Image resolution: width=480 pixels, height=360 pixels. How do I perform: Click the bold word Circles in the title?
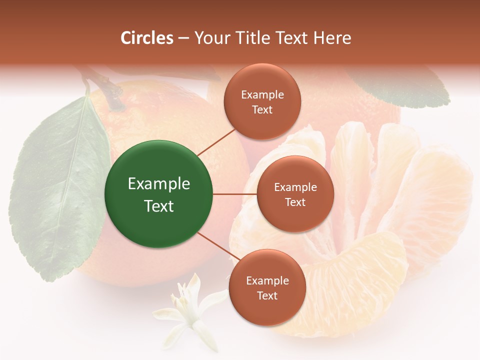[147, 38]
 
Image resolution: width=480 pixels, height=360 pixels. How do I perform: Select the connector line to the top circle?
[216, 141]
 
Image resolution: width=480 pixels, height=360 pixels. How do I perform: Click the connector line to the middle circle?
[234, 194]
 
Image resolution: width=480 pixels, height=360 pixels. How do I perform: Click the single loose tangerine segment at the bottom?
[350, 285]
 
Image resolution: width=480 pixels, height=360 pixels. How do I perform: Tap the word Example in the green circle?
[159, 184]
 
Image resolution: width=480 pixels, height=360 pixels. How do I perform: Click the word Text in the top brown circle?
[262, 109]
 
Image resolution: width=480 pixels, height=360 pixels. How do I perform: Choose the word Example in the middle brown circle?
[295, 187]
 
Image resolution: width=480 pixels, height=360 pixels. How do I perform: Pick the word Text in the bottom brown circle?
[267, 295]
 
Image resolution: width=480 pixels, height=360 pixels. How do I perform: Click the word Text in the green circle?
[159, 206]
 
